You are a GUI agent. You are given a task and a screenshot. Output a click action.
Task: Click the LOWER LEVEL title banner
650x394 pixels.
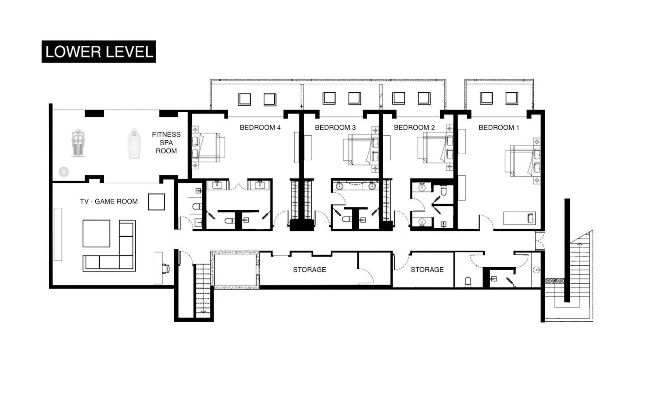pos(99,52)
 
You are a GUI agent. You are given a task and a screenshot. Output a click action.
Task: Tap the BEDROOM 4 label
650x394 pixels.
pos(260,128)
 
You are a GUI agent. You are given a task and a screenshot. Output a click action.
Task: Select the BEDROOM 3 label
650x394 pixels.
pos(335,128)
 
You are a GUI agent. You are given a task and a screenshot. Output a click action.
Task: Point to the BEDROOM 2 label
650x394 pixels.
pos(414,128)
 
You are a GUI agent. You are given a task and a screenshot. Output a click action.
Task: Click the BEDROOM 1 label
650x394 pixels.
pos(499,128)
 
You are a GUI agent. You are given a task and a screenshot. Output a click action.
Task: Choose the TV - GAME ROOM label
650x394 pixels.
pos(109,202)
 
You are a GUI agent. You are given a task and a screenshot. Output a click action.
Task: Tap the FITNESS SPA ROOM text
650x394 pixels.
pos(166,143)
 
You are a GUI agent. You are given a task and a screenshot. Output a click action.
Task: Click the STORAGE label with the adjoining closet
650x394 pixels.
pos(309,270)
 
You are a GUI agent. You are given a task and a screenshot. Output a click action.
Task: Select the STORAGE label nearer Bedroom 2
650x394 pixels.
pos(427,270)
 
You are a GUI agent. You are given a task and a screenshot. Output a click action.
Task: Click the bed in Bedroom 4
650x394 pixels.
pos(208,148)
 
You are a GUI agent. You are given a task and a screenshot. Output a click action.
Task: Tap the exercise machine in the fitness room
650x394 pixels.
pos(78,144)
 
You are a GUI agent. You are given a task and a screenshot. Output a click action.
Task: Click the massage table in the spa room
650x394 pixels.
pos(135,144)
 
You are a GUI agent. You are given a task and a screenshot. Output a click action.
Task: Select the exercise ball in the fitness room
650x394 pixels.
pos(64,171)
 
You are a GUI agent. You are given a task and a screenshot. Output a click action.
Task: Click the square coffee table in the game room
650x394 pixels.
pos(96,234)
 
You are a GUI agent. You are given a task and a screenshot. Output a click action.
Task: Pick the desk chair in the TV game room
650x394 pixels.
pos(166,269)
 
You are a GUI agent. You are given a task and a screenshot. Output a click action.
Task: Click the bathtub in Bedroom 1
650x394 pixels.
pos(519,218)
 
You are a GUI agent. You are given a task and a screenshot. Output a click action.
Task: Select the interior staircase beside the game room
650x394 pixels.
pos(203,290)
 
